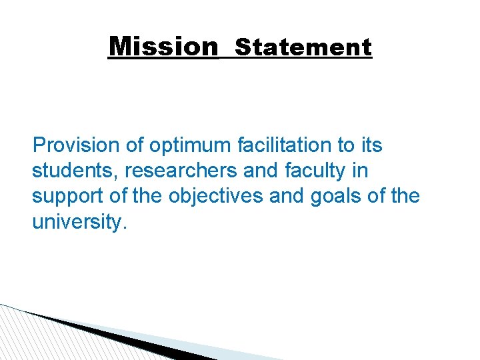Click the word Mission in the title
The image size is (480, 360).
tap(163, 47)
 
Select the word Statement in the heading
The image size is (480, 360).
tap(303, 47)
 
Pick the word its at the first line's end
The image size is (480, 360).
tap(371, 145)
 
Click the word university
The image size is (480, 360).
tap(78, 223)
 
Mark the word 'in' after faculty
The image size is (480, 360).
tap(360, 171)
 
